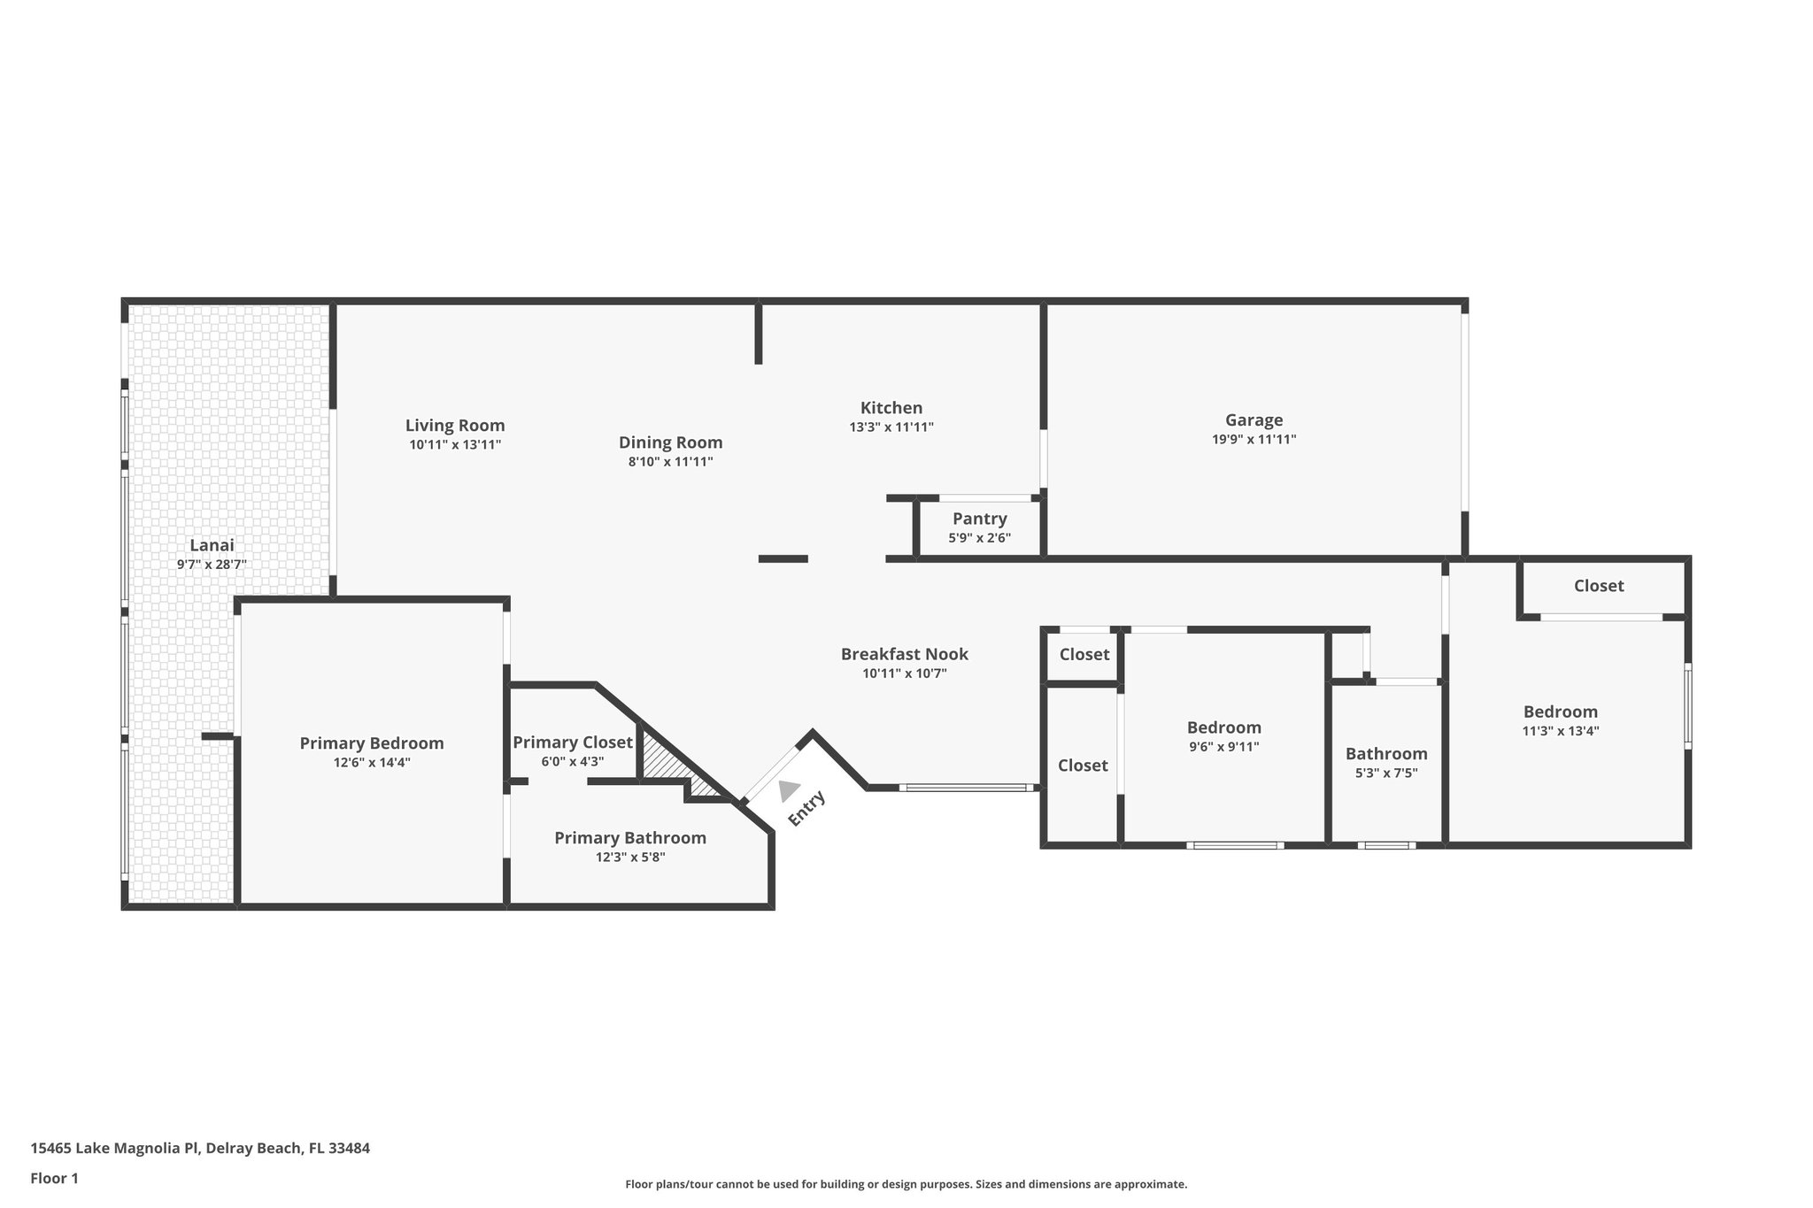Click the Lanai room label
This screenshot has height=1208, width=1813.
tap(212, 545)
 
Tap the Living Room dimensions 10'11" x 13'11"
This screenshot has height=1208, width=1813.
tap(455, 445)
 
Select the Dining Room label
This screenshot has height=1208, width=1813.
tap(670, 442)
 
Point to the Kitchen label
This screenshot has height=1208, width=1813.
tap(891, 408)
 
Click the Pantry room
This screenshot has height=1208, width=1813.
tap(979, 527)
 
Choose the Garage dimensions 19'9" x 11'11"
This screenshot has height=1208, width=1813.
tap(1254, 439)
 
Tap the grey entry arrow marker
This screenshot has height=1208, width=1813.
tap(787, 790)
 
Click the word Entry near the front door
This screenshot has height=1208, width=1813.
tap(806, 808)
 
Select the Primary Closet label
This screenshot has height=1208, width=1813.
tap(573, 742)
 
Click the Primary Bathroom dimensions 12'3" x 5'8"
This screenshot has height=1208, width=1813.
tap(630, 857)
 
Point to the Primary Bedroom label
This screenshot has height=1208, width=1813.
tap(372, 743)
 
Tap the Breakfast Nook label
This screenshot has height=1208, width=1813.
tap(905, 654)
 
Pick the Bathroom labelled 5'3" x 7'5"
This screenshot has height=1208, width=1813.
tap(1386, 762)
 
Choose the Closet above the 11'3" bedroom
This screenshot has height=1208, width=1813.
tap(1599, 586)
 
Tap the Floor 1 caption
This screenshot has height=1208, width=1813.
tap(55, 1178)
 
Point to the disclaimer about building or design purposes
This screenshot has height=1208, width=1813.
tap(906, 1184)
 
